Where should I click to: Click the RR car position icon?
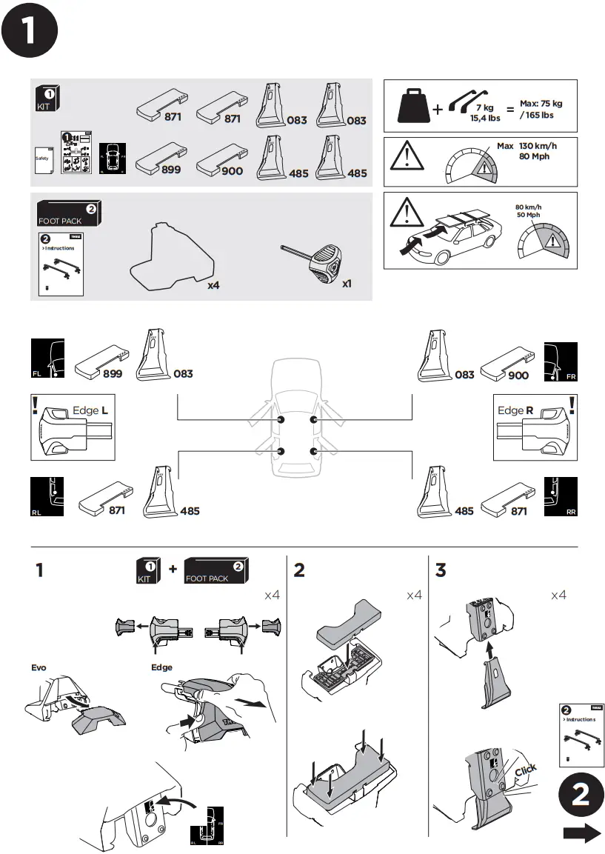[x=561, y=497]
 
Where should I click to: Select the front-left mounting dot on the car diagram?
[x=281, y=420]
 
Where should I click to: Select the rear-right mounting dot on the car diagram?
[x=313, y=451]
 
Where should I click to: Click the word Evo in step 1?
[x=39, y=667]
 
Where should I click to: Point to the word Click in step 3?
[x=525, y=770]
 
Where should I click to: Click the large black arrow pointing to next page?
[x=581, y=834]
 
